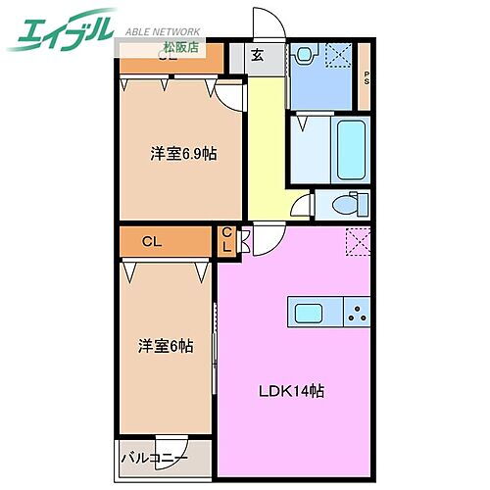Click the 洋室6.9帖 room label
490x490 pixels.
point(183,153)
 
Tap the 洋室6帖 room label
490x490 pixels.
point(165,346)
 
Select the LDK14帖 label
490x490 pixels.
point(292,391)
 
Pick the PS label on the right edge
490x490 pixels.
point(366,77)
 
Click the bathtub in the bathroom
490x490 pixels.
point(350,148)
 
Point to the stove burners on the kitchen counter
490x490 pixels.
point(357,314)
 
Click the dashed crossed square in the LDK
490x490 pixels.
point(357,240)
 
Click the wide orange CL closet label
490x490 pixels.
point(151,240)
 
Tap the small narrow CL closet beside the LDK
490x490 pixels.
point(225,239)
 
